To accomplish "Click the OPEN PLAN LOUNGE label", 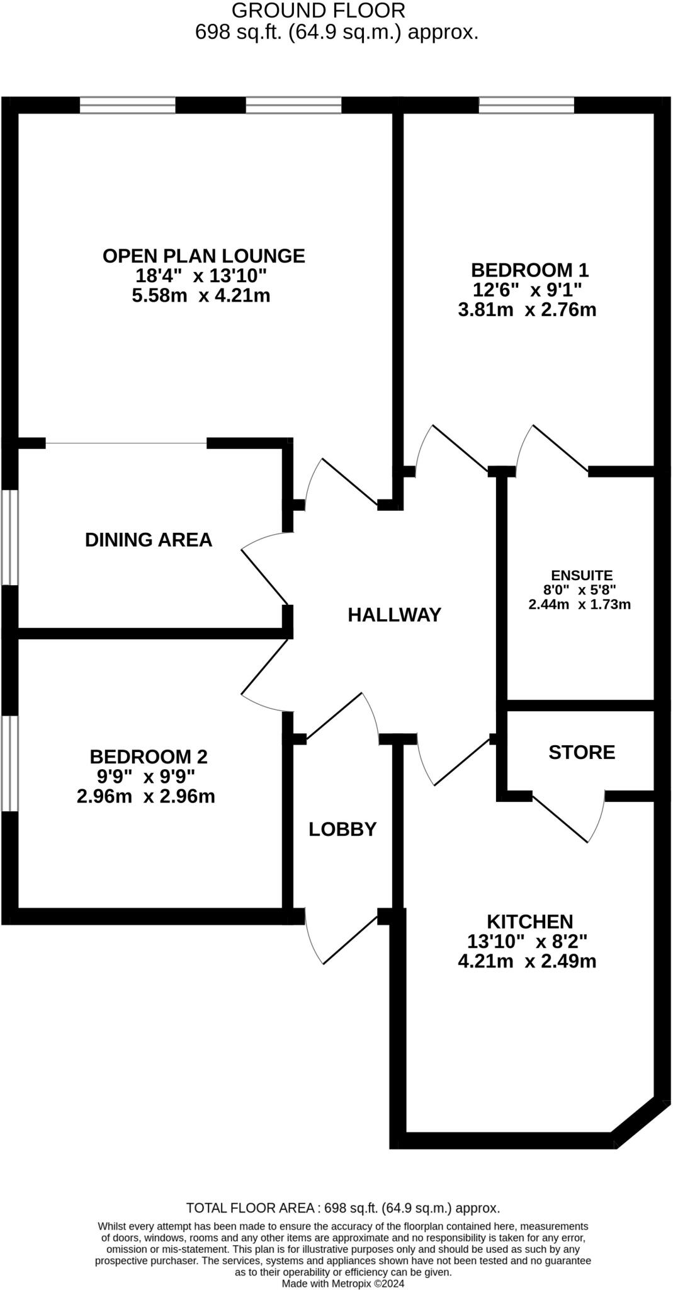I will [203, 256].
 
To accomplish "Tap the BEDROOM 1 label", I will [529, 270].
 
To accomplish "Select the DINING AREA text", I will [149, 540].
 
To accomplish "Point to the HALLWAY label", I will [395, 615].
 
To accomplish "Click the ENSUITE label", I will [581, 575].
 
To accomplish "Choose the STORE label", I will [582, 752].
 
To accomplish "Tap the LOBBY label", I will [342, 829].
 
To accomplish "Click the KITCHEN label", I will [530, 922].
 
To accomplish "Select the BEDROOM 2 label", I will [149, 756].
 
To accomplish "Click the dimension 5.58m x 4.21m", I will [201, 295].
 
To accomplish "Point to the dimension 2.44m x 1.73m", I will [579, 605].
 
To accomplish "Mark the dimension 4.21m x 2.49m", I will [527, 961].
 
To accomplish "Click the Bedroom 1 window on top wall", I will [526, 105].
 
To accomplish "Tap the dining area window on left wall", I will [9, 537].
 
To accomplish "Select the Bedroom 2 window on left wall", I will [9, 763].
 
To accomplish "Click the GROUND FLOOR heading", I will [319, 10].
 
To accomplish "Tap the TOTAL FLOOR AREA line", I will [343, 1208].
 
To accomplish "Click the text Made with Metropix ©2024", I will [343, 1283].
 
